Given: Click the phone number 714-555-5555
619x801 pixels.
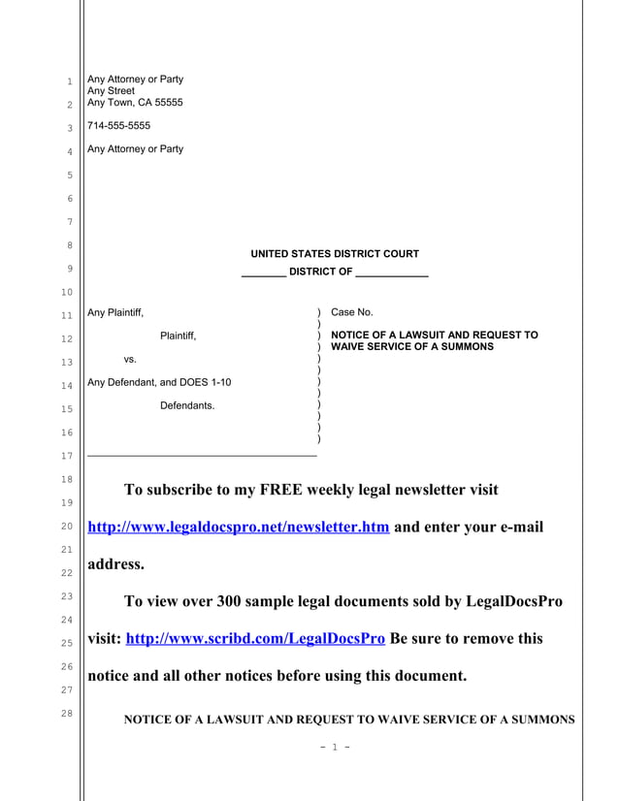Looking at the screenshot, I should (118, 126).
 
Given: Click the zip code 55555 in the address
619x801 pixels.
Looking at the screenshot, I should (166, 103).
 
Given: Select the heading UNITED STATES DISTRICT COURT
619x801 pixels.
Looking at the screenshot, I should (335, 254).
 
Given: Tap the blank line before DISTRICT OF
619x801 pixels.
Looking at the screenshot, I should (263, 272).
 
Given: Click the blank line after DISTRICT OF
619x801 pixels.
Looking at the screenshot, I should (392, 272).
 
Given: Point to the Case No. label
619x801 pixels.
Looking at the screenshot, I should (352, 312).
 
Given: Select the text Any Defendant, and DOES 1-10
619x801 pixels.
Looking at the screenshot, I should (159, 382).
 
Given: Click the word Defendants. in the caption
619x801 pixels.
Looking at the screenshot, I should (187, 405).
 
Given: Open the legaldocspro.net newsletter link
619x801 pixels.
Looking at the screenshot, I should (239, 528).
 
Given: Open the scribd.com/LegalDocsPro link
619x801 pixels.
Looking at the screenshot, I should (256, 639).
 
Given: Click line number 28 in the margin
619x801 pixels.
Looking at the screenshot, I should (69, 715).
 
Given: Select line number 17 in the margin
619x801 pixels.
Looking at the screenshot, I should (69, 456).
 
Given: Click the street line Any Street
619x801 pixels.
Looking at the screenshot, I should (112, 91).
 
